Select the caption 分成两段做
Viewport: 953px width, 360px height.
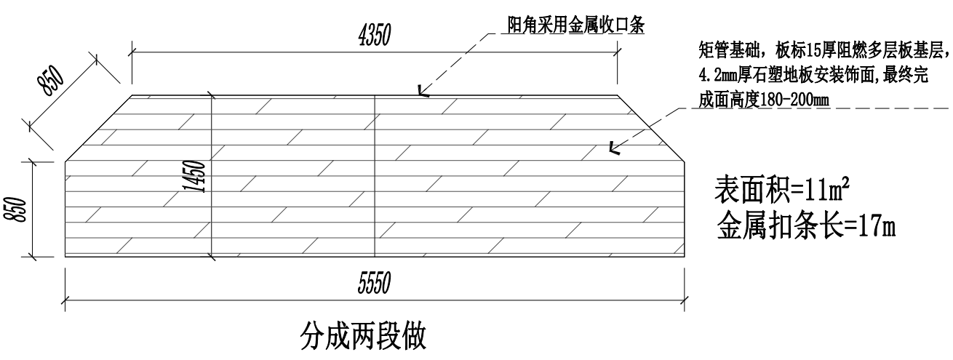click(363, 336)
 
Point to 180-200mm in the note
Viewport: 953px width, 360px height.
click(797, 99)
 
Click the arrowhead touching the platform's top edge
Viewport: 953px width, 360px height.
click(422, 92)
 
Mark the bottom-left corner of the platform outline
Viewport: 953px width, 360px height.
click(65, 257)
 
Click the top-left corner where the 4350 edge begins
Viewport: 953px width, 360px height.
click(131, 95)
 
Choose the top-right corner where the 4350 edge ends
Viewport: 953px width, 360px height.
click(618, 95)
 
